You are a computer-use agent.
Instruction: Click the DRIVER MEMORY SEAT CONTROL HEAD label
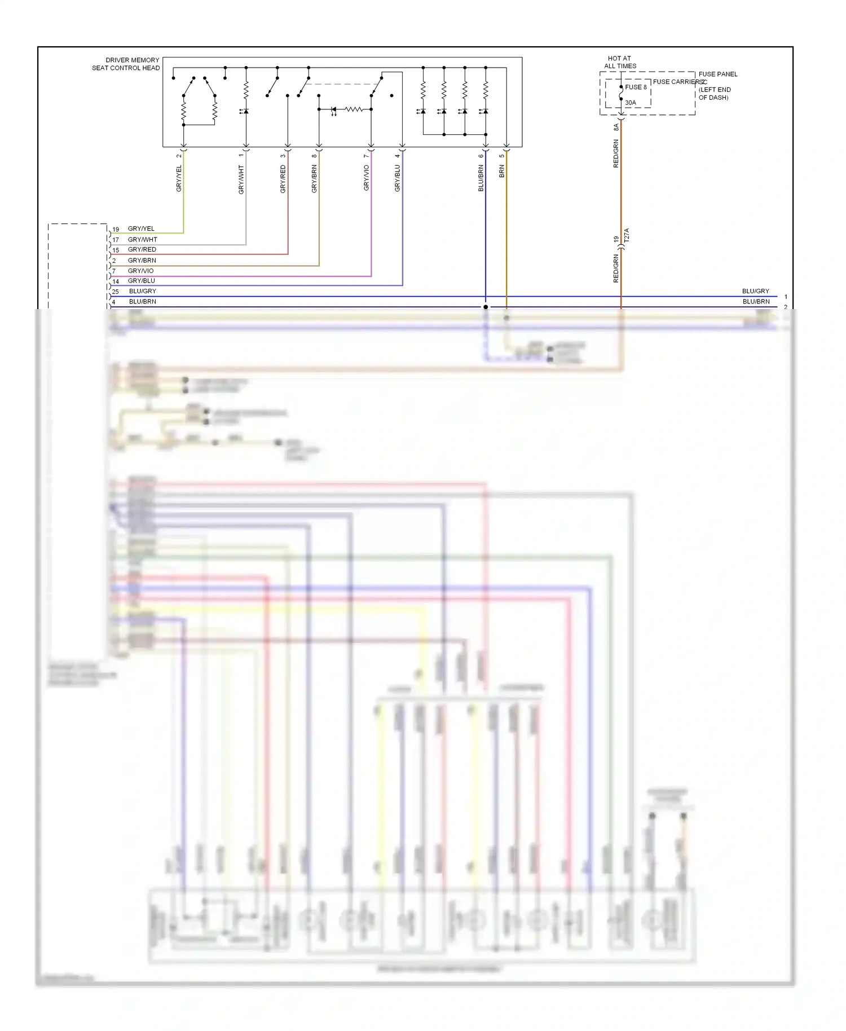[x=126, y=64]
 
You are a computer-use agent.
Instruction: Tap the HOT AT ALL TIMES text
[x=620, y=62]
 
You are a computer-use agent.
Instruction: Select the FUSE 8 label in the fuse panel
[x=636, y=87]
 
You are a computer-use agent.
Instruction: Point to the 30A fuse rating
[x=631, y=103]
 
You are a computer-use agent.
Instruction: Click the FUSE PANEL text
[x=717, y=74]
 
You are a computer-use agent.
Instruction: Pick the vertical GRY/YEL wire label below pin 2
[x=179, y=178]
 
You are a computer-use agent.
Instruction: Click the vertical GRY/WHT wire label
[x=241, y=180]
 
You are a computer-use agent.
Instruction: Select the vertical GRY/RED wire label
[x=283, y=179]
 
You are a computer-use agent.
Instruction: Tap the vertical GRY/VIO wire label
[x=367, y=178]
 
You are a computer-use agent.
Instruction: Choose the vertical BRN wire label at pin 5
[x=502, y=171]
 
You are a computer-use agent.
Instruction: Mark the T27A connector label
[x=627, y=236]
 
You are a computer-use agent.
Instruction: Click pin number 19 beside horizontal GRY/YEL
[x=116, y=230]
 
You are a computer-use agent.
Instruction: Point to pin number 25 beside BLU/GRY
[x=116, y=292]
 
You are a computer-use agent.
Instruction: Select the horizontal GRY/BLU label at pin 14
[x=141, y=281]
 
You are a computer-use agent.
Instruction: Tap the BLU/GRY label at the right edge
[x=755, y=291]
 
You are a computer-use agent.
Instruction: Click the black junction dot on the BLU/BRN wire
[x=486, y=307]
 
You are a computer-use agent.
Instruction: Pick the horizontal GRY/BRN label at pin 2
[x=142, y=261]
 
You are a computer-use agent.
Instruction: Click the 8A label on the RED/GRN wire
[x=616, y=128]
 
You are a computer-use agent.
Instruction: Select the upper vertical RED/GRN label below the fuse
[x=616, y=153]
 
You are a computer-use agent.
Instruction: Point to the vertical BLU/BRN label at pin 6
[x=481, y=178]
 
